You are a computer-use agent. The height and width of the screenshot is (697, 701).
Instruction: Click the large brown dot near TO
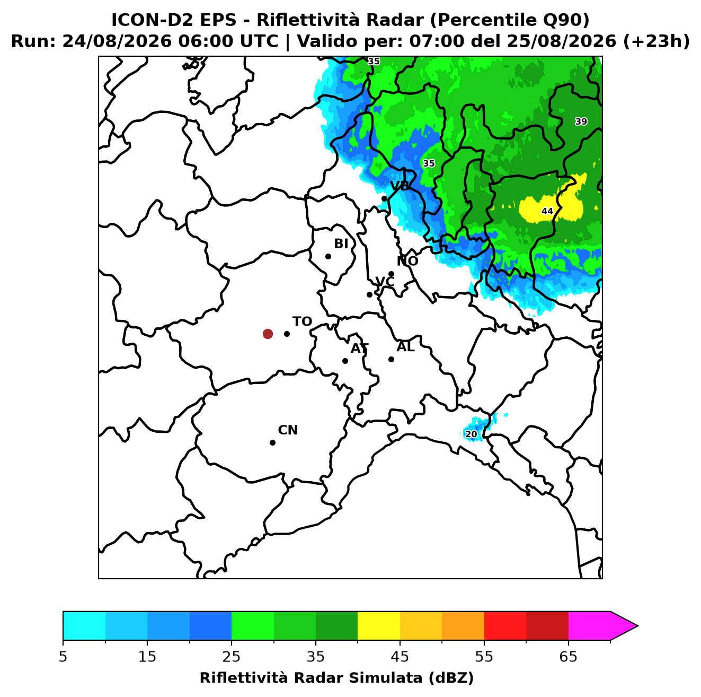tap(268, 333)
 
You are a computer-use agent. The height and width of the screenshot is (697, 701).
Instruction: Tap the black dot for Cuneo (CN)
tap(272, 442)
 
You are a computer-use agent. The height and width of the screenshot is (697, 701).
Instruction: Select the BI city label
tap(341, 243)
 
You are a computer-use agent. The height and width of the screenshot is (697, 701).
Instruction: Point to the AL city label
tap(405, 347)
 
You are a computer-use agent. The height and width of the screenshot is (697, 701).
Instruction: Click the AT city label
tap(359, 348)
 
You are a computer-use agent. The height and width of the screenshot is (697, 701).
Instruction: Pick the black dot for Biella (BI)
tap(328, 257)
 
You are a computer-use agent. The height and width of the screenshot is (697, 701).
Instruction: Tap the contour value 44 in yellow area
tap(547, 211)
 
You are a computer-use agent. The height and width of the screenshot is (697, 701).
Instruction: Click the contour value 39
tap(581, 121)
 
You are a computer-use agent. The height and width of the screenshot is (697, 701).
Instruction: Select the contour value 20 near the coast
tap(471, 434)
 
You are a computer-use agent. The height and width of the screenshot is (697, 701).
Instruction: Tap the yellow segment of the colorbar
tap(378, 625)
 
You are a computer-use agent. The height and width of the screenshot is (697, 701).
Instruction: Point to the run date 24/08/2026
tap(117, 41)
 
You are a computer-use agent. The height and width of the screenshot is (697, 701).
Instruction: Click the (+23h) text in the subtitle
tap(656, 41)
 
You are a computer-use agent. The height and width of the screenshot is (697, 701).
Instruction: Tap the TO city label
tap(302, 321)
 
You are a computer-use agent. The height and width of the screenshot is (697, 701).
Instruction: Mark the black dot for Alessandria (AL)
tap(391, 359)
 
